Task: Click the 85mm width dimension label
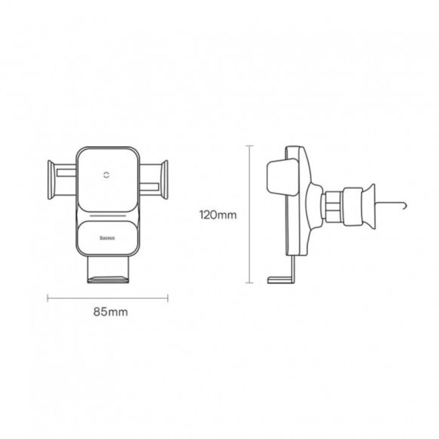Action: pyautogui.click(x=110, y=312)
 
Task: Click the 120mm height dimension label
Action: pyautogui.click(x=218, y=215)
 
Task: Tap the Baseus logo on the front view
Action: pyautogui.click(x=107, y=238)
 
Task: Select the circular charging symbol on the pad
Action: pyautogui.click(x=107, y=176)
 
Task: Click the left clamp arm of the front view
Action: pyautogui.click(x=52, y=180)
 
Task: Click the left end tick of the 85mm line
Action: pyautogui.click(x=48, y=298)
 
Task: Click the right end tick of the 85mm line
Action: pyautogui.click(x=168, y=298)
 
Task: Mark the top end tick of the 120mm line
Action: pyautogui.click(x=249, y=146)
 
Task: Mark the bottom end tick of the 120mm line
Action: pyautogui.click(x=249, y=283)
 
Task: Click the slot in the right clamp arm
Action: pyautogui.click(x=149, y=186)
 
